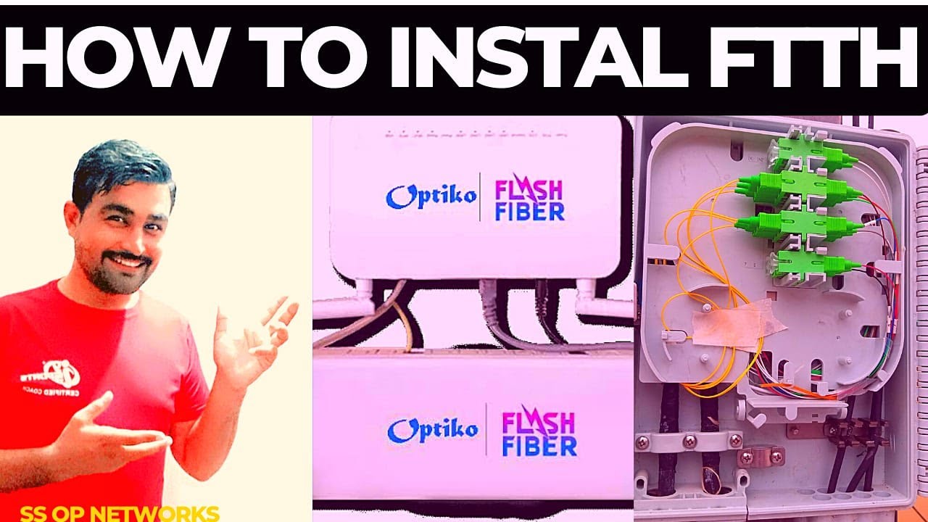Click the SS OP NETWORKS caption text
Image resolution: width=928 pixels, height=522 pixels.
click(x=120, y=513)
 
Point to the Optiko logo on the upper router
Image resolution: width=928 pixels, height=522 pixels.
click(x=431, y=196)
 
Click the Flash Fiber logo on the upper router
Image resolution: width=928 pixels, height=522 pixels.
click(x=529, y=200)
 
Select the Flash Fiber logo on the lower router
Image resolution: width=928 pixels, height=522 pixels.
click(x=539, y=434)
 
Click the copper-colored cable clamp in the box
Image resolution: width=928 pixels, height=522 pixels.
click(x=761, y=456)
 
